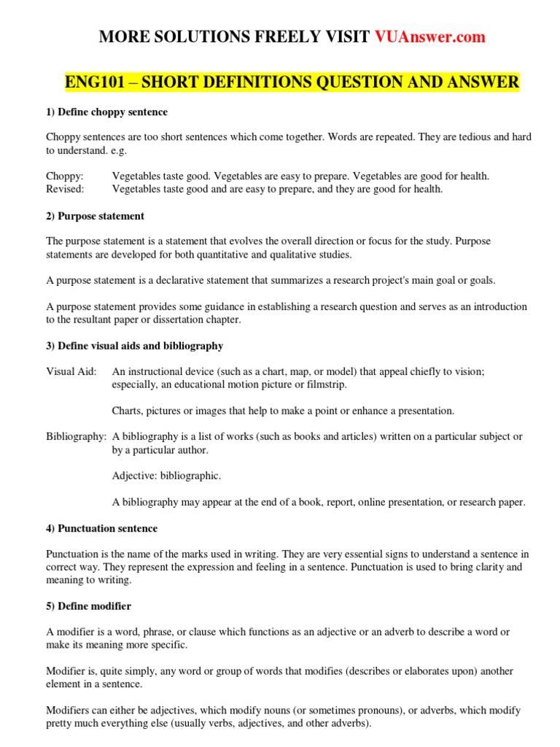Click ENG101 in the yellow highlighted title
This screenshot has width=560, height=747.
tap(92, 82)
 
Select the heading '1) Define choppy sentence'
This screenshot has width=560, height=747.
tap(106, 112)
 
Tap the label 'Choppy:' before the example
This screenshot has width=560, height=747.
tap(65, 177)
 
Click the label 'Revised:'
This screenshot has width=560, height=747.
tap(65, 189)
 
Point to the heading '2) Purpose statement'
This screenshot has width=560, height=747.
tap(95, 216)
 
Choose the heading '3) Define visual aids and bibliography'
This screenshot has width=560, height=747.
tap(134, 346)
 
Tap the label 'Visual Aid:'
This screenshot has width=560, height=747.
tap(70, 371)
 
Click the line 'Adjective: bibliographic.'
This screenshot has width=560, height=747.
tap(166, 476)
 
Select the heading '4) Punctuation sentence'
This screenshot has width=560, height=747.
tap(101, 528)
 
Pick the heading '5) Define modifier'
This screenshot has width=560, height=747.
tap(88, 606)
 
